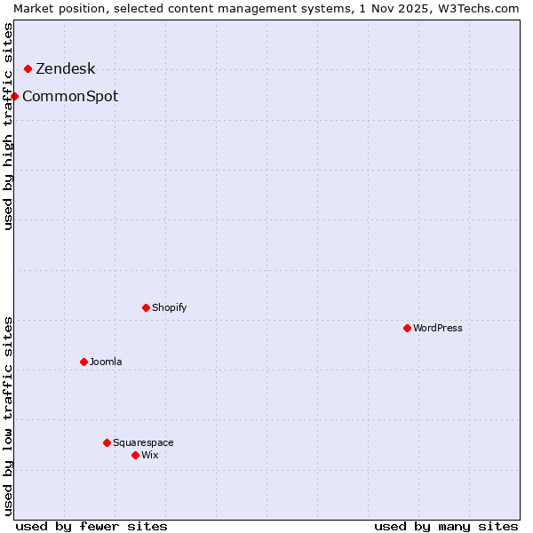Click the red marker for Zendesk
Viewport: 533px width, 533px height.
click(28, 68)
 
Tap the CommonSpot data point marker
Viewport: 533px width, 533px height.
click(15, 96)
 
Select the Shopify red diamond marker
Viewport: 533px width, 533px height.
click(146, 307)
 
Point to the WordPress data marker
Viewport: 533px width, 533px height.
click(407, 328)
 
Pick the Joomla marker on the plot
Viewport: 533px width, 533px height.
click(84, 362)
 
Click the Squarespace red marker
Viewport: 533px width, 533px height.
click(107, 442)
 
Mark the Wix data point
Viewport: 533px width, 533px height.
click(135, 455)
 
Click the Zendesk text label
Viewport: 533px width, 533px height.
click(65, 69)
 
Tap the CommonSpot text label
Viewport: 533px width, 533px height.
click(70, 97)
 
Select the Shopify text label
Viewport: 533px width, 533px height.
click(169, 308)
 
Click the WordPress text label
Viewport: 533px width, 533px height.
click(437, 329)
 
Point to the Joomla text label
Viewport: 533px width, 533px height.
click(106, 362)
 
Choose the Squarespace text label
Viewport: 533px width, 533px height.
click(143, 443)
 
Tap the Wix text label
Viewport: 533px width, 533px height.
click(149, 456)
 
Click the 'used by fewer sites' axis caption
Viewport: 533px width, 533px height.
click(91, 526)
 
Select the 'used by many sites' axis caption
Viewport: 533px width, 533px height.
click(446, 526)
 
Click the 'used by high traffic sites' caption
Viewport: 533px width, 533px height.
click(8, 126)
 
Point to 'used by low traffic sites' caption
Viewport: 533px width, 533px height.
click(8, 416)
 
